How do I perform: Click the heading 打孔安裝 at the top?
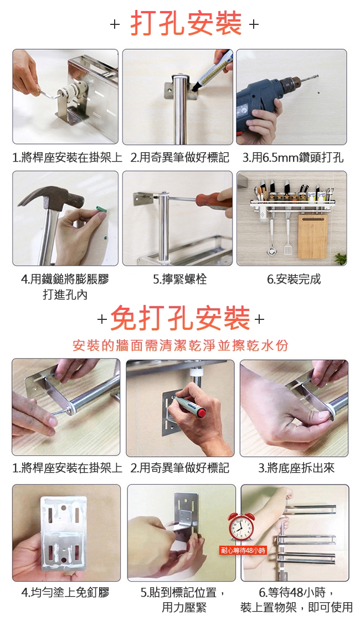click(x=186, y=23)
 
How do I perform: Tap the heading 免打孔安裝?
click(x=180, y=318)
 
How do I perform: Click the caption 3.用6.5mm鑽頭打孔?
click(x=293, y=158)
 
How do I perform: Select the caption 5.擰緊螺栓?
click(x=180, y=279)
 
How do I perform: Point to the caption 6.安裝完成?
click(x=294, y=279)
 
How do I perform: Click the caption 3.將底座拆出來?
click(x=296, y=468)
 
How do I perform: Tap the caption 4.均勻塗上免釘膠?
click(x=65, y=592)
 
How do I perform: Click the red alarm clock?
click(x=241, y=526)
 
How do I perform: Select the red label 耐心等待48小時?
click(x=244, y=550)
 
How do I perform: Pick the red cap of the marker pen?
click(x=202, y=413)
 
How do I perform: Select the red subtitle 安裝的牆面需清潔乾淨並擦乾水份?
click(x=181, y=345)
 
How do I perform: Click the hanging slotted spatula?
click(x=287, y=237)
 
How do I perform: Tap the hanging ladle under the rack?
click(x=271, y=237)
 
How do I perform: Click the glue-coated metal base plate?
click(x=64, y=530)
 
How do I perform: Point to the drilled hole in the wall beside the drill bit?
click(x=320, y=94)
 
